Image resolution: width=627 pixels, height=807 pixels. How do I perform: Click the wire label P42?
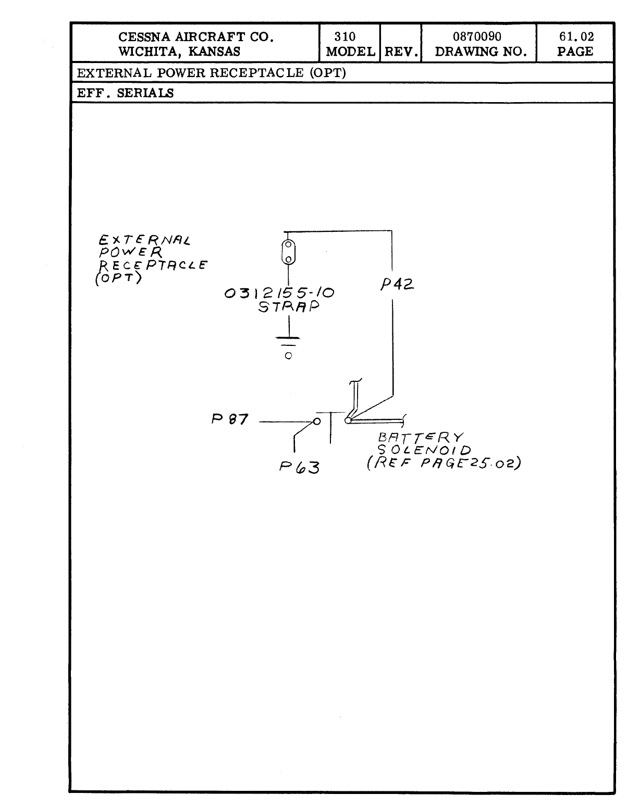pyautogui.click(x=397, y=285)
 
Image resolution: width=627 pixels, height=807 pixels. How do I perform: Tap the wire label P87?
pyautogui.click(x=229, y=419)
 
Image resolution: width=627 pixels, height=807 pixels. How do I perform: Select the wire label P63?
pyautogui.click(x=299, y=467)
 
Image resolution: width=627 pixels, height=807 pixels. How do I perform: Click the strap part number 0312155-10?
pyautogui.click(x=279, y=293)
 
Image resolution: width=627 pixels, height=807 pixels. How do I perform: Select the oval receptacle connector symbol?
pyautogui.click(x=288, y=252)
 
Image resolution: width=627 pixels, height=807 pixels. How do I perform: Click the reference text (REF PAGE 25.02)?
pyautogui.click(x=444, y=463)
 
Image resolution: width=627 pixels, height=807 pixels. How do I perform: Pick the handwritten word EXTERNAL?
pyautogui.click(x=145, y=241)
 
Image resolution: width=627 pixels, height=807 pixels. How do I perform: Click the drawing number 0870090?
pyautogui.click(x=477, y=36)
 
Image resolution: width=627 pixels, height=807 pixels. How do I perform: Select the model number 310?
pyautogui.click(x=345, y=36)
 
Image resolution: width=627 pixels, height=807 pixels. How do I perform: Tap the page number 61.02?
pyautogui.click(x=575, y=36)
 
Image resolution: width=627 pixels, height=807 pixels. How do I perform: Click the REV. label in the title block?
pyautogui.click(x=400, y=52)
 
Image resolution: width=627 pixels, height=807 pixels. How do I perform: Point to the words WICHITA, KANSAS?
pyautogui.click(x=180, y=52)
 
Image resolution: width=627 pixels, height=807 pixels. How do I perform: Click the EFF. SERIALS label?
pyautogui.click(x=126, y=93)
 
